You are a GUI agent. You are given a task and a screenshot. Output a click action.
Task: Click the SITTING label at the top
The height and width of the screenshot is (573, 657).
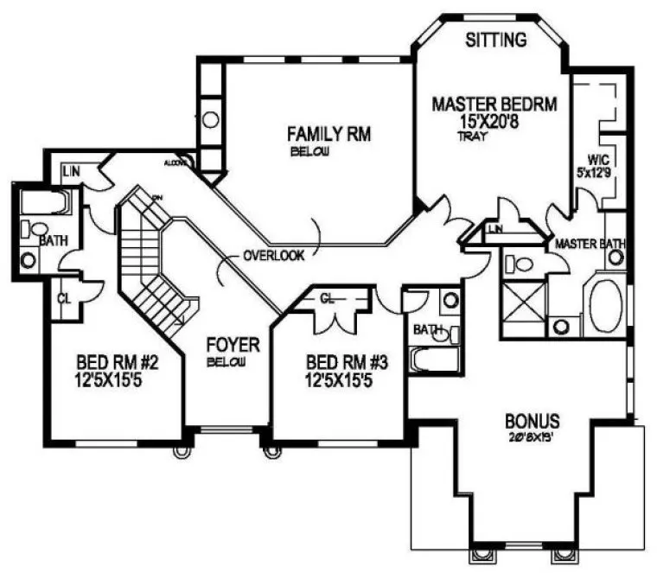pos(496,40)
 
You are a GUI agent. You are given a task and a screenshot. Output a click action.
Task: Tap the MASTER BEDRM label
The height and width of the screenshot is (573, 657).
pos(494,105)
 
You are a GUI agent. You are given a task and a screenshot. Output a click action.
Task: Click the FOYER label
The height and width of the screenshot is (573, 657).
pos(233,345)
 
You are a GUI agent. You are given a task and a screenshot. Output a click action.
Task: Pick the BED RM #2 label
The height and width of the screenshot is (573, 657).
pos(116,360)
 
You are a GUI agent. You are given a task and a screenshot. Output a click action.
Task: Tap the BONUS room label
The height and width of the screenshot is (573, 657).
pos(533,423)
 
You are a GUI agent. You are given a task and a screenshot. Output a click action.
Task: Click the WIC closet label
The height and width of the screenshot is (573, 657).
pos(599,160)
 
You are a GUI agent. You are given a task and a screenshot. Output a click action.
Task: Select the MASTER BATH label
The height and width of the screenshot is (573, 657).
pos(590,245)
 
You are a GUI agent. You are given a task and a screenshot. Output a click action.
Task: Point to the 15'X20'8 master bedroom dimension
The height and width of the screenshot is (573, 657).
pos(494,122)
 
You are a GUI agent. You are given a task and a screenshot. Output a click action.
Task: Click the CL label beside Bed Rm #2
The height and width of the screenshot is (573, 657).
pos(62,298)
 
